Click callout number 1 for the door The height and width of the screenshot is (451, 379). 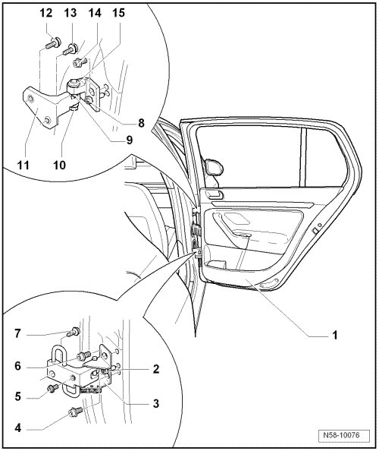(x=335, y=336)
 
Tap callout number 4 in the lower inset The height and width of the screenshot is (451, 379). (x=17, y=427)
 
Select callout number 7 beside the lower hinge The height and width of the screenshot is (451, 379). (x=17, y=333)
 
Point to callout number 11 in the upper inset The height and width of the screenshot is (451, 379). (x=23, y=165)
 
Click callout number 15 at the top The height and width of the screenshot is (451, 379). (x=118, y=13)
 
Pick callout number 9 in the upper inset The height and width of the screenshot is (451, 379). (x=130, y=140)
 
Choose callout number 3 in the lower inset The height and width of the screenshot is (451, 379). (x=156, y=403)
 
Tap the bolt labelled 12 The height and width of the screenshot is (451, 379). (x=53, y=43)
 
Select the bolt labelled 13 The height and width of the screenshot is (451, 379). (x=70, y=49)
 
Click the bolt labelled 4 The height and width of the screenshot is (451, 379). (x=75, y=412)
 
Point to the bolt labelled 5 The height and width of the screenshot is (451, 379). (x=53, y=388)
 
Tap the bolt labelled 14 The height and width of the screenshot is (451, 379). (x=79, y=62)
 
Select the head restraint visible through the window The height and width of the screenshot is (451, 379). (x=214, y=166)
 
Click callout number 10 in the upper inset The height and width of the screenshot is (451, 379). (x=59, y=165)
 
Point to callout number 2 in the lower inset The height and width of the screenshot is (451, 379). (x=156, y=368)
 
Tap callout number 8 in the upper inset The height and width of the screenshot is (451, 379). (x=141, y=123)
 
